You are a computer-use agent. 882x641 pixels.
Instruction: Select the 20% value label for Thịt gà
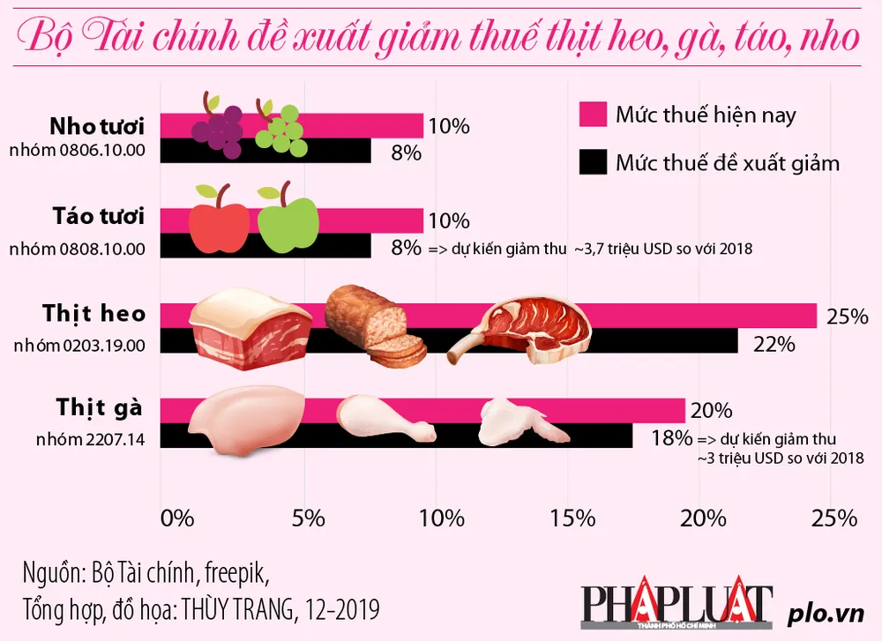coord(711,411)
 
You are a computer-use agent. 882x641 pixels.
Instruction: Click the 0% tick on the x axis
coord(176,518)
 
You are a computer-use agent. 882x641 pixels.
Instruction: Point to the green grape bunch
coord(280,130)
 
